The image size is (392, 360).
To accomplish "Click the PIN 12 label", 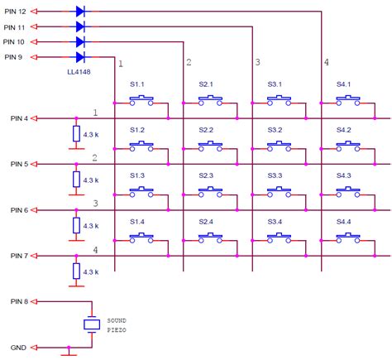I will tap(16, 12).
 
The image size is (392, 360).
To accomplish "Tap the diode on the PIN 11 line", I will tap(80, 26).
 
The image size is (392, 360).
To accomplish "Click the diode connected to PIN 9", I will tap(80, 56).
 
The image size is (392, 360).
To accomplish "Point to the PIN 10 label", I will tap(16, 41).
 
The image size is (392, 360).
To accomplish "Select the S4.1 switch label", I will tap(344, 84).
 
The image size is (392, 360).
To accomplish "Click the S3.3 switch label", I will tap(276, 176).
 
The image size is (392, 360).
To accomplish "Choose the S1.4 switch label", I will tap(137, 223).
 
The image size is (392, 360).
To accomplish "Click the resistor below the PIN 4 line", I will tap(76, 134).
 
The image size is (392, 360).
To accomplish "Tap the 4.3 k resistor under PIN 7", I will tap(76, 271).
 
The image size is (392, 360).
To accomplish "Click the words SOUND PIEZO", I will tap(117, 324).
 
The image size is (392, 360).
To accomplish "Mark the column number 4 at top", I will tap(326, 62).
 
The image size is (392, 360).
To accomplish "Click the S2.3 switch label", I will tap(206, 176).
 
